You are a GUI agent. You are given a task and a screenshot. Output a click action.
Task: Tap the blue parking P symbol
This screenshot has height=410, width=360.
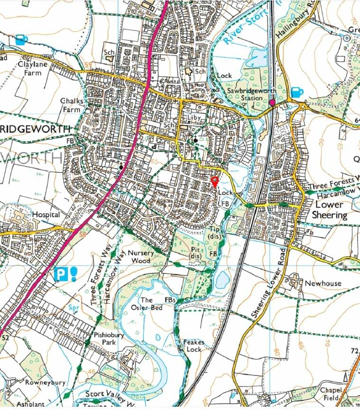click(x=60, y=274)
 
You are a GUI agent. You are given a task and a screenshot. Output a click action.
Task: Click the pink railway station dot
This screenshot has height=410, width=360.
click(x=272, y=102)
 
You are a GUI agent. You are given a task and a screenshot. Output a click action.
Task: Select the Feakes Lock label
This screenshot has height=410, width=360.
click(x=193, y=346)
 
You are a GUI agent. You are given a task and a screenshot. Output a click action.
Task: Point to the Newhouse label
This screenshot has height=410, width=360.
click(x=323, y=283)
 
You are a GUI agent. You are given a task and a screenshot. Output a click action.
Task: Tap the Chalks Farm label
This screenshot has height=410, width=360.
click(x=72, y=105)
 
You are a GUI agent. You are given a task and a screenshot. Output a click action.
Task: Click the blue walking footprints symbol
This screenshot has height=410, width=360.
click(x=74, y=273)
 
